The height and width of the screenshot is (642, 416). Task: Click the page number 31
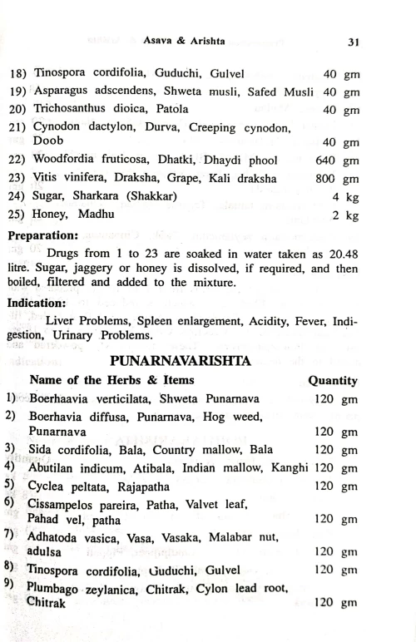(x=353, y=42)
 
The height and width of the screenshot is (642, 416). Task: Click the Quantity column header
(x=333, y=381)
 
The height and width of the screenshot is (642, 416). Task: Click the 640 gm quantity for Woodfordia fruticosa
(x=337, y=160)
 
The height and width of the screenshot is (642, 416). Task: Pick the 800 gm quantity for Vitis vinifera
(x=337, y=178)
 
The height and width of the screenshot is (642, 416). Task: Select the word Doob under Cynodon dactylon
(x=48, y=142)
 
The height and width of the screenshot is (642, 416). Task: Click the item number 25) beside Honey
(x=18, y=215)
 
